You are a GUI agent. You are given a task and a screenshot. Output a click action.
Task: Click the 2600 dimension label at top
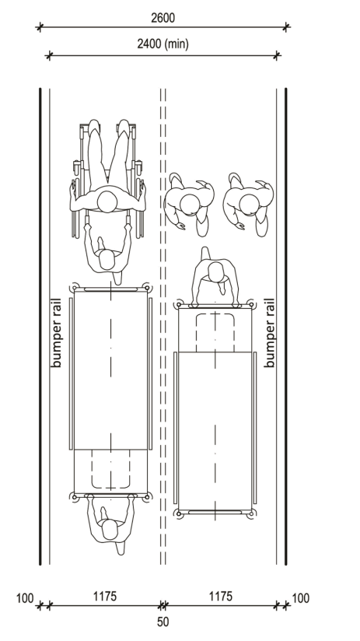point(163,18)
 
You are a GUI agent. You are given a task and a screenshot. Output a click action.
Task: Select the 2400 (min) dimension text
point(163,44)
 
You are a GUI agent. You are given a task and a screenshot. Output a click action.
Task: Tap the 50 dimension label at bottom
point(163,622)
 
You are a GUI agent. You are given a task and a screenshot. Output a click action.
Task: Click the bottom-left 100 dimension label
point(25,598)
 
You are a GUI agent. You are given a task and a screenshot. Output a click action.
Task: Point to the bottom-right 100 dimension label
point(301,598)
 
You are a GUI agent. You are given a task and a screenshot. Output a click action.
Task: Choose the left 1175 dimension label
point(105,597)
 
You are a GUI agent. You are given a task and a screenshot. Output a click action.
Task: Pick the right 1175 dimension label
point(221,597)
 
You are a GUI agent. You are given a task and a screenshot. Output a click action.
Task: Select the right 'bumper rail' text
point(269,333)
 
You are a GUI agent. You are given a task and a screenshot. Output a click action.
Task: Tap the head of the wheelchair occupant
point(107,202)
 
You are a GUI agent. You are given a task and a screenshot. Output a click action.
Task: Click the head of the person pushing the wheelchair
point(107,260)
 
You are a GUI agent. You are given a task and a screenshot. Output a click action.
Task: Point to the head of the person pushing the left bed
point(110,530)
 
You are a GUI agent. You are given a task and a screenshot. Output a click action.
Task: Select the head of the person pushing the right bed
point(215,271)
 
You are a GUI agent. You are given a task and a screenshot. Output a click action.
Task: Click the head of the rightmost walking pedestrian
point(249,205)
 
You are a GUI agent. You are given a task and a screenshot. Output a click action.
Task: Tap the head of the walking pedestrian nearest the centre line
point(190,205)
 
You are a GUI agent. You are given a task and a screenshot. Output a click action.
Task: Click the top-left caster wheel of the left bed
point(74,288)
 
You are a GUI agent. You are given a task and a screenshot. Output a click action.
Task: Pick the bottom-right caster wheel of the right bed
point(252,513)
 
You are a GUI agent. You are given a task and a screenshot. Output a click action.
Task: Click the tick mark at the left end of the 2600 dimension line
point(39,28)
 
